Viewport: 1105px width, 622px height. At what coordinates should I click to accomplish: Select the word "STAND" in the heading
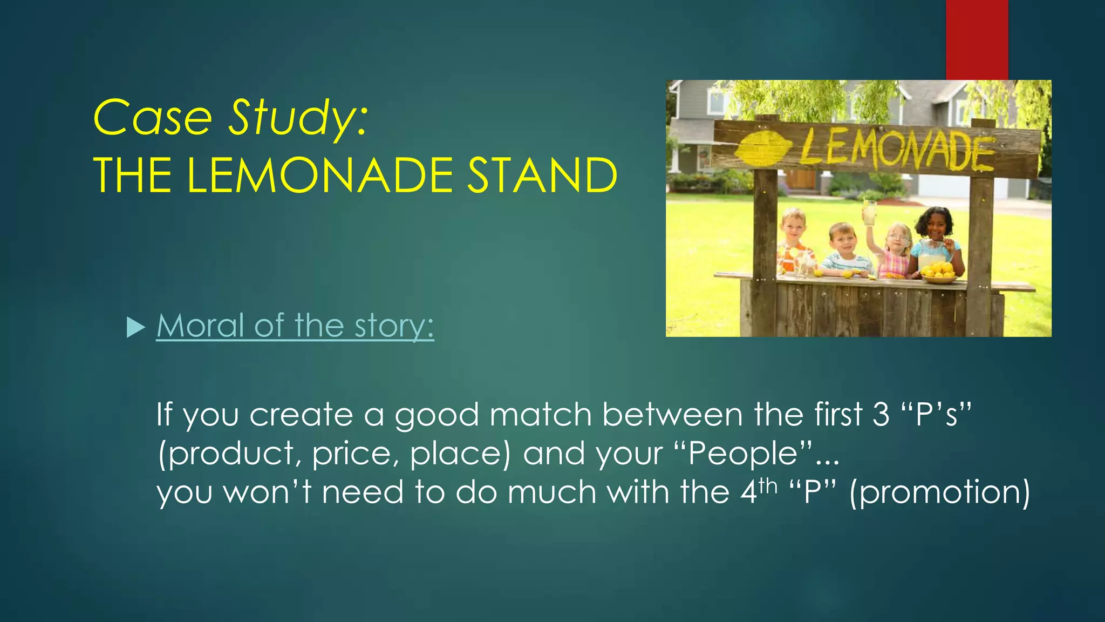coord(542,175)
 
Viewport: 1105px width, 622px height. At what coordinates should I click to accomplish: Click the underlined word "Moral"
coord(201,326)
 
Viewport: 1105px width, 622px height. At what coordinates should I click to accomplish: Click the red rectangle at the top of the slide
coord(977,39)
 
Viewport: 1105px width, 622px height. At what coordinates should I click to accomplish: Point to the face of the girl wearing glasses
coord(897,238)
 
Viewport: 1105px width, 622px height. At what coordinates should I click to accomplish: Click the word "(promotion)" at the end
coord(939,492)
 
